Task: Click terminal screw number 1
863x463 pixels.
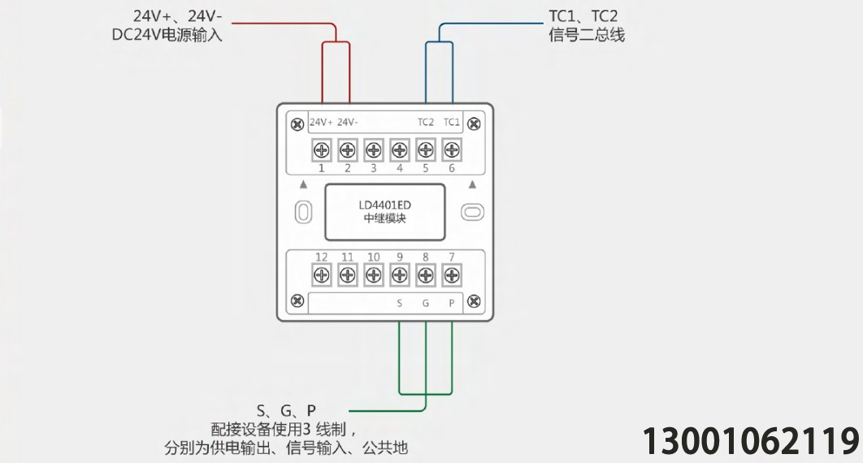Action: point(322,149)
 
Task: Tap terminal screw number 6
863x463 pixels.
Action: point(451,149)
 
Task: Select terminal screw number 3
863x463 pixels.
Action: point(374,149)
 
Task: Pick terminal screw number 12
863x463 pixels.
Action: point(322,275)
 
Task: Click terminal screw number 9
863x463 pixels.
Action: point(400,275)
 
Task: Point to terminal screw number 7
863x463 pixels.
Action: point(451,275)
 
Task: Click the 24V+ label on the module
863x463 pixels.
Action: point(322,122)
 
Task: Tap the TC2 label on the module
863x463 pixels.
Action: point(426,122)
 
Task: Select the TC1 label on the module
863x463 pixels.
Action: point(451,122)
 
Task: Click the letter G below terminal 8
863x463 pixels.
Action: point(426,303)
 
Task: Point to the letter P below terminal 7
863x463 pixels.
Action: point(451,303)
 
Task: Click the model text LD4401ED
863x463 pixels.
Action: point(384,206)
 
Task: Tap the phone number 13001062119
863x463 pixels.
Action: point(751,441)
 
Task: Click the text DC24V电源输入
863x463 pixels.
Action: point(167,35)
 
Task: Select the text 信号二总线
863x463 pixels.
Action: point(587,35)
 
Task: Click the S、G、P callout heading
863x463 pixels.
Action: point(286,411)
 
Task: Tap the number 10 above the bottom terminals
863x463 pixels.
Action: point(374,257)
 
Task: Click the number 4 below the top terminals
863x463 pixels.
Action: point(400,168)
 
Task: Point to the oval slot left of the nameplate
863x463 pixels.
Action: point(304,212)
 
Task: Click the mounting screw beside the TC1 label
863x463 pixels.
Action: point(473,124)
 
